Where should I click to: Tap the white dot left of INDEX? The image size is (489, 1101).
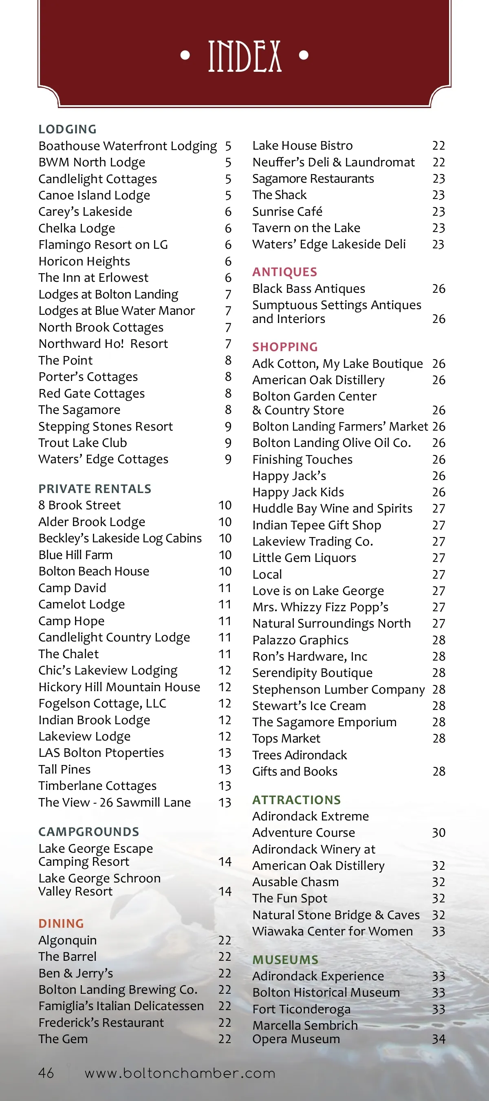coord(185,55)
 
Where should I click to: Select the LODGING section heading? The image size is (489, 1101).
coord(68,129)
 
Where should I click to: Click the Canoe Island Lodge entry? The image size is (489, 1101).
coord(94,195)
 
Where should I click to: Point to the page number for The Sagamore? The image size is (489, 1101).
coord(228,410)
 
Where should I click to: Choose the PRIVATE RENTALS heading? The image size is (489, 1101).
coord(95,489)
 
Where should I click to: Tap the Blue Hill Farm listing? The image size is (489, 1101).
coord(76,555)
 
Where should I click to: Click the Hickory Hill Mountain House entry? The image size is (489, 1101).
coord(119,687)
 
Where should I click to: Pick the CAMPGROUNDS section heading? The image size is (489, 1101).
coord(89,832)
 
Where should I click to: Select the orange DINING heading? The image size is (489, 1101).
coord(61,923)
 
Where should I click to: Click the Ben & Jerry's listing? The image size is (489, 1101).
coord(76,973)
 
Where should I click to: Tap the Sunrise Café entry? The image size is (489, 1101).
coord(287,212)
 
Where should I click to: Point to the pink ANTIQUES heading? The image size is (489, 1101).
coord(284,272)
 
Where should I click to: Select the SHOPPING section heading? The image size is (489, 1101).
coord(285,347)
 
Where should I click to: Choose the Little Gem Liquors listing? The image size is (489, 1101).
coord(304,558)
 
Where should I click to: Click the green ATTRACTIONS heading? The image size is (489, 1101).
coord(296,800)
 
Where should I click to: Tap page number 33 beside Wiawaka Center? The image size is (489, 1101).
coord(438,931)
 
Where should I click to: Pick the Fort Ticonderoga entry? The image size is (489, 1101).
coord(301,1009)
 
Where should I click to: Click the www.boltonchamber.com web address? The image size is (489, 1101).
coord(180,1073)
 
